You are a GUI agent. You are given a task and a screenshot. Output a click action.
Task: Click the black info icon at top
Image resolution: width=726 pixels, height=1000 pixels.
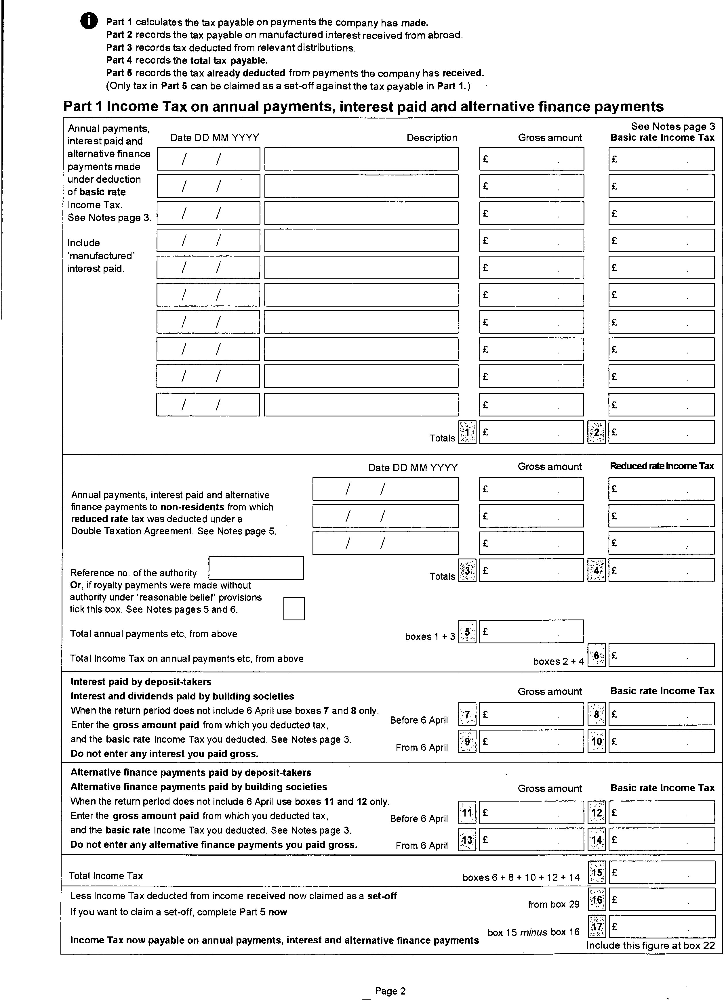pos(89,21)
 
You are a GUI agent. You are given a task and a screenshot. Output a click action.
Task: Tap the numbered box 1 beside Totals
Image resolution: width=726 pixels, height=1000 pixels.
pos(467,432)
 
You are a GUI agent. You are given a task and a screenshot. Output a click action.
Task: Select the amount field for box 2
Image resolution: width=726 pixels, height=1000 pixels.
pos(661,432)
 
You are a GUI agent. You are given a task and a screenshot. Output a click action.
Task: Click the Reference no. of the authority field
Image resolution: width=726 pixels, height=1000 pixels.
pos(256,568)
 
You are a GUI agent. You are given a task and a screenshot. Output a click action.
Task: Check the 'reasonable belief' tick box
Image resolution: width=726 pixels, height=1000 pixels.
pos(294,609)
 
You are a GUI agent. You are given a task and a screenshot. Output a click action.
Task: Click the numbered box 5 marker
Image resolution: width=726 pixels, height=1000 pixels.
pos(467,632)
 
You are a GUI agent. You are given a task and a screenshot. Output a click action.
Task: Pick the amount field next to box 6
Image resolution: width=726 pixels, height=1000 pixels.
pos(661,655)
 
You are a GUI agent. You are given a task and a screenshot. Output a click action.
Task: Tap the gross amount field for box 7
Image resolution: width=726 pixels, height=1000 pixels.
pos(531,714)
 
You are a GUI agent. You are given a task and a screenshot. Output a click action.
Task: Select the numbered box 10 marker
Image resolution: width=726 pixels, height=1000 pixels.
pos(596,741)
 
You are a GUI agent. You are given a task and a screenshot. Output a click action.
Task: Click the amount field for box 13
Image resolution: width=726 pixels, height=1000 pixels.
pos(531,840)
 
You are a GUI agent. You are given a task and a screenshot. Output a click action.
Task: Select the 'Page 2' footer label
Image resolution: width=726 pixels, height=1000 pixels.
pos(390,991)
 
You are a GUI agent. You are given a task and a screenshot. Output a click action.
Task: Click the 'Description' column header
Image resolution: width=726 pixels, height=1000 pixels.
pos(432,137)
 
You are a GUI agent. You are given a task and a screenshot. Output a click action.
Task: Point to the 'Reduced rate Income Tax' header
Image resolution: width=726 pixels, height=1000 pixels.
pos(661,466)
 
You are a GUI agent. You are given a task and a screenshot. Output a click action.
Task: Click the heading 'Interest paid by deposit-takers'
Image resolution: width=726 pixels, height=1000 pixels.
pos(141,682)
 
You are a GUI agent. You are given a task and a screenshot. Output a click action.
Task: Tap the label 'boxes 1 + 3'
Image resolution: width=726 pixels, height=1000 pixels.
pos(430,636)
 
